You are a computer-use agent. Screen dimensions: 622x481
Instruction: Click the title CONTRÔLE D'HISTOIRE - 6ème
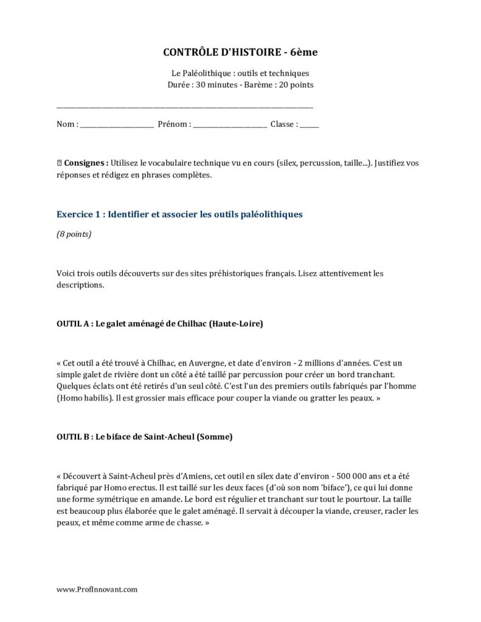[x=240, y=53]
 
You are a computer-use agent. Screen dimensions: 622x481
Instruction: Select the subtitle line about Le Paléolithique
[x=240, y=73]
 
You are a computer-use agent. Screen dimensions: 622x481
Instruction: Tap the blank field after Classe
[x=309, y=125]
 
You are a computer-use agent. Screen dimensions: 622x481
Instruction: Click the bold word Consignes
[x=86, y=163]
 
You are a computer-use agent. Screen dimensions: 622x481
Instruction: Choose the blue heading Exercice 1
[x=179, y=214]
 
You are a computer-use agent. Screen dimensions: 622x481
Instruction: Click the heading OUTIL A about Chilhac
[x=159, y=324]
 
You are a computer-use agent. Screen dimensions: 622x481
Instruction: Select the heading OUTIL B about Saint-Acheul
[x=144, y=436]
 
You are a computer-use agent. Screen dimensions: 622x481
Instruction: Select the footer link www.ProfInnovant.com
[x=97, y=589]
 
